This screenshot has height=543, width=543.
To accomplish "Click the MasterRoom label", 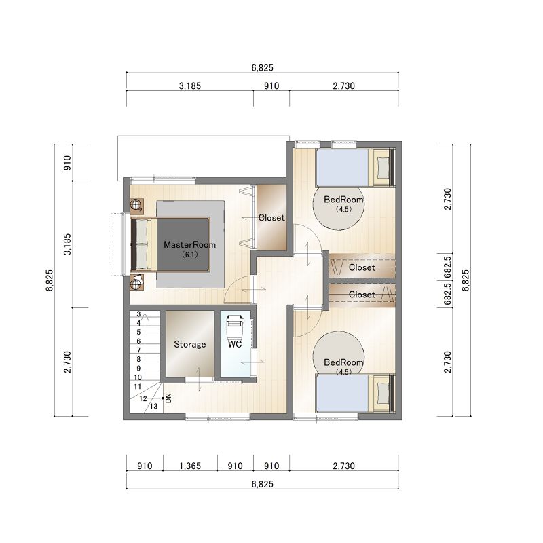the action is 189,245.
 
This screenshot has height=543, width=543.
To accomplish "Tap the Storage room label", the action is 190,344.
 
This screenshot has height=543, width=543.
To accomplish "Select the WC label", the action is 235,344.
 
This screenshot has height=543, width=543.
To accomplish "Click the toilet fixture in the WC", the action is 235,326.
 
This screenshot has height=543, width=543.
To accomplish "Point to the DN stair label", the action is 168,398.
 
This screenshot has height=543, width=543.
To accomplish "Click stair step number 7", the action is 138,350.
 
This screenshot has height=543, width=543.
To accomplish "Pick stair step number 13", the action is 154,406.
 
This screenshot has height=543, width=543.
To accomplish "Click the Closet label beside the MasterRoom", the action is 271,218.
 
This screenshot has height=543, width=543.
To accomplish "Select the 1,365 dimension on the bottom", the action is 190,466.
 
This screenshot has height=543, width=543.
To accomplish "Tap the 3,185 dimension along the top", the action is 190,86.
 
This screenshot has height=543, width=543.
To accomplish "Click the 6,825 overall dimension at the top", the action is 263,67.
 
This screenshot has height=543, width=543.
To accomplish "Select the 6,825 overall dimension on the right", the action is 466,280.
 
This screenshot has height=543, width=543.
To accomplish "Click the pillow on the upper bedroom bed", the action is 383,168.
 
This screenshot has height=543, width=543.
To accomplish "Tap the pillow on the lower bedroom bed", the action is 383,393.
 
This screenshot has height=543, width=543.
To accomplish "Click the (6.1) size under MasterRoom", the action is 190,255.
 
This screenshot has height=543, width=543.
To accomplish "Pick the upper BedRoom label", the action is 343,200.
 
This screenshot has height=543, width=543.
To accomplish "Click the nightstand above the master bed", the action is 137,206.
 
